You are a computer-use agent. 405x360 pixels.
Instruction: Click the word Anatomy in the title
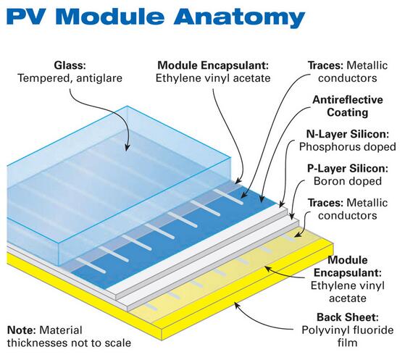pos(239,17)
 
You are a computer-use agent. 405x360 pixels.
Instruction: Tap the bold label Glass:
pos(70,65)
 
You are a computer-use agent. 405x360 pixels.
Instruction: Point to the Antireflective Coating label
pos(347,106)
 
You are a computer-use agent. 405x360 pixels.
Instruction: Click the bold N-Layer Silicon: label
pos(347,134)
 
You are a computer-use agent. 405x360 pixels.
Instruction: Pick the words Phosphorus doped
pos(347,147)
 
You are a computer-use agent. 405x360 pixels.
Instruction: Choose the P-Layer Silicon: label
pos(347,169)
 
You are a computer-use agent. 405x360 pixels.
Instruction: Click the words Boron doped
pos(347,181)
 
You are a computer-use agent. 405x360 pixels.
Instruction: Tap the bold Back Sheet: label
pos(347,317)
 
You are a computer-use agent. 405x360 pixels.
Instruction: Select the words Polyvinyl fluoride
pos(347,330)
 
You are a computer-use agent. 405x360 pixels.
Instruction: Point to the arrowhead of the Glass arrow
pos(127,148)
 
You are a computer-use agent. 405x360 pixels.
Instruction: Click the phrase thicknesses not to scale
pos(69,343)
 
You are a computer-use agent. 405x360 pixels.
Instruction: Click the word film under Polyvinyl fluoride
pos(347,343)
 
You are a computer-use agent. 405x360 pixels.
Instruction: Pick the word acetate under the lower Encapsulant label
pos(347,298)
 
